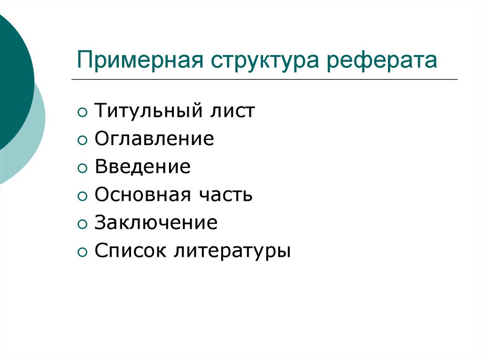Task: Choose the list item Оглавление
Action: tap(154, 139)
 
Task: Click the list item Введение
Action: tap(142, 167)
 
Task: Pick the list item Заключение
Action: tap(156, 222)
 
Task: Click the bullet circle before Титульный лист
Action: tap(82, 113)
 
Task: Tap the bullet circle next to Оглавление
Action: tap(82, 141)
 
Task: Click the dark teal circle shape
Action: tap(12, 80)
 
